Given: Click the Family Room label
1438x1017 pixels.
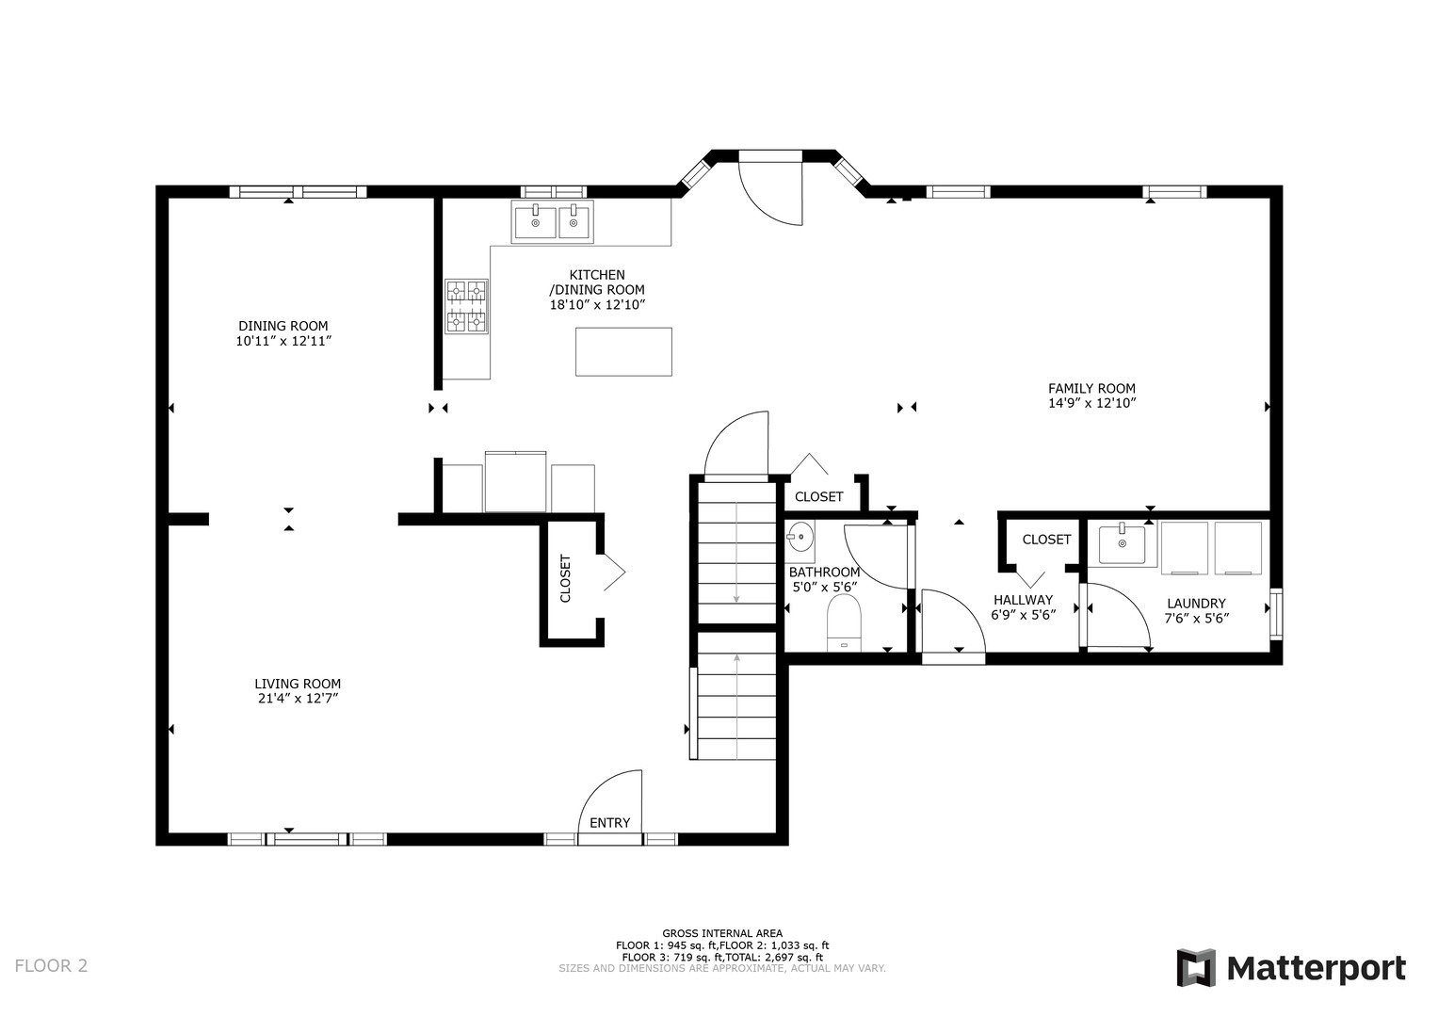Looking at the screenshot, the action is click(x=1091, y=388).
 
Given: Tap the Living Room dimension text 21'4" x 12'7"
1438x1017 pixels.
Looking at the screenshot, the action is click(x=298, y=699).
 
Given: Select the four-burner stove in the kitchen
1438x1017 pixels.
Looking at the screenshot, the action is click(x=467, y=306).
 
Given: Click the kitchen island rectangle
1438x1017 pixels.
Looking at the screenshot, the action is click(x=623, y=352).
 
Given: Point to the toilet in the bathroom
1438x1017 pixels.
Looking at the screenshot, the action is click(x=844, y=622).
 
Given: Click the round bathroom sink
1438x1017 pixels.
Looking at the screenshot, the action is click(x=800, y=537).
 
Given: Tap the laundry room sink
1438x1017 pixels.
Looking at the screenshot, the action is click(x=1123, y=544).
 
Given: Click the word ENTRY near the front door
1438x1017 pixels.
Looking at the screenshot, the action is click(x=610, y=823).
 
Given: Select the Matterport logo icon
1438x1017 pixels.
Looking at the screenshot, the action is click(x=1196, y=968).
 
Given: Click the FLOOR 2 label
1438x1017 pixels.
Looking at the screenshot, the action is click(x=52, y=965).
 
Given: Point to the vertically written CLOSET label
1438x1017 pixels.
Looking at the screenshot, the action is click(x=566, y=578).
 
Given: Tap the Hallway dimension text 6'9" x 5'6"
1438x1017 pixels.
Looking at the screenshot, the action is click(x=1024, y=614).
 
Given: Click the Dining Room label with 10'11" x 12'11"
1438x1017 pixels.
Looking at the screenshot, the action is click(x=283, y=333).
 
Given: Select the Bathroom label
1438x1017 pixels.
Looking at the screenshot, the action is click(x=824, y=573).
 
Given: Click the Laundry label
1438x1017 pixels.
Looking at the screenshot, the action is click(x=1197, y=604).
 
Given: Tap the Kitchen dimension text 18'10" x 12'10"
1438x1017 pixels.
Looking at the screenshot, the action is click(x=597, y=305).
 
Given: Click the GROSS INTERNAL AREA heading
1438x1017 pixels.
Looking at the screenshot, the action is click(x=722, y=933).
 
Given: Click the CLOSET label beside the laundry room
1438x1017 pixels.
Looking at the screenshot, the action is click(x=1046, y=540).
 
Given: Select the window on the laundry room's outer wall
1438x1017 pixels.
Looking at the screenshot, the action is click(x=1276, y=614).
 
